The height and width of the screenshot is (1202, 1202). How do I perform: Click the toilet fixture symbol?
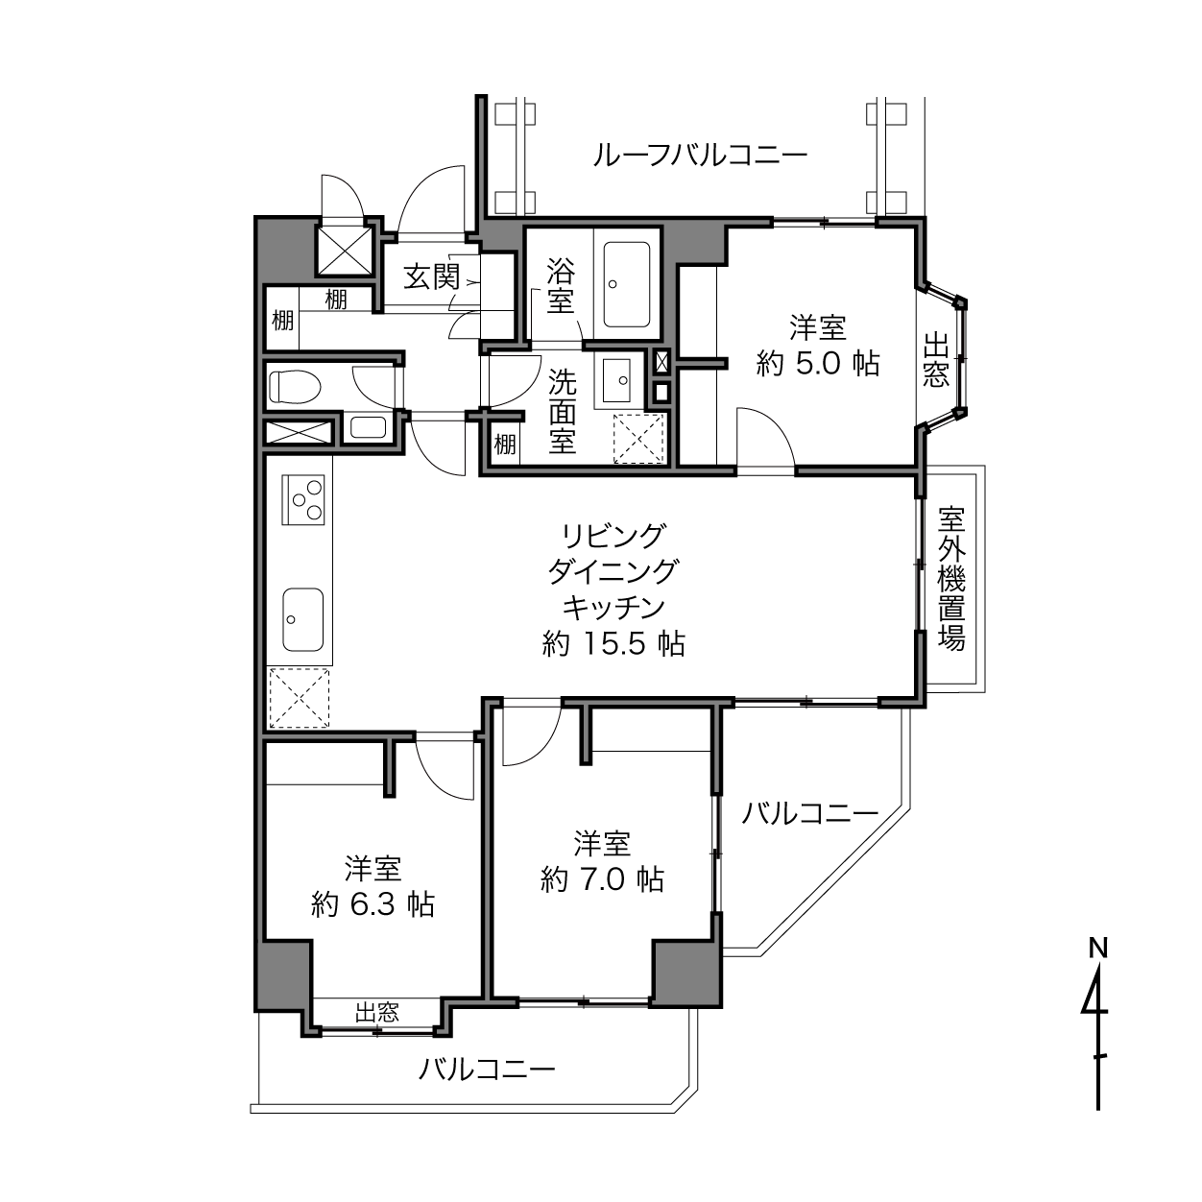coord(295,386)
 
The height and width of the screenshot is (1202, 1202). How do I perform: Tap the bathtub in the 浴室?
coord(627,284)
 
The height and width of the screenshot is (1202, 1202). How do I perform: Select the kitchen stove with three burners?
coord(303,499)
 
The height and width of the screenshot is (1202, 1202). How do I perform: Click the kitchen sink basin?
coord(303,619)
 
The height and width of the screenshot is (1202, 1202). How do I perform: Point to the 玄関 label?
coord(432,276)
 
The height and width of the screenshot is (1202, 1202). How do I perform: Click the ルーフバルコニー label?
coord(700,155)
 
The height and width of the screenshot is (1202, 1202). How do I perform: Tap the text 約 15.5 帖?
coord(613,644)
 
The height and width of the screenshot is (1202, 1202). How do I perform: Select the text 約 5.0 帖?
coord(818,363)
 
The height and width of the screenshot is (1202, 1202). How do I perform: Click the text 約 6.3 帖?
coord(373,903)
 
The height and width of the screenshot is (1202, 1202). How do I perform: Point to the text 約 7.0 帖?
coord(602,879)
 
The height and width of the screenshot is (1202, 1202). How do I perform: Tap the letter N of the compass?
coord(1097,949)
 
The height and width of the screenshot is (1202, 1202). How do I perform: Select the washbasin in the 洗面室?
coord(617,379)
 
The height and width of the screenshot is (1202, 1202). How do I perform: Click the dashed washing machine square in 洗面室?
coord(638,439)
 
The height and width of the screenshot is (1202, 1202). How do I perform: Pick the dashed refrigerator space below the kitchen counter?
coord(300,697)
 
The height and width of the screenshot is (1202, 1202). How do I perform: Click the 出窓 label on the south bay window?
coord(377,1012)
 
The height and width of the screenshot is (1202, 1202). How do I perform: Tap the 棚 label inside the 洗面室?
coord(505,445)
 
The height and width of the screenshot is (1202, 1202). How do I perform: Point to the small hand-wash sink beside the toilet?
coord(368,427)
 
